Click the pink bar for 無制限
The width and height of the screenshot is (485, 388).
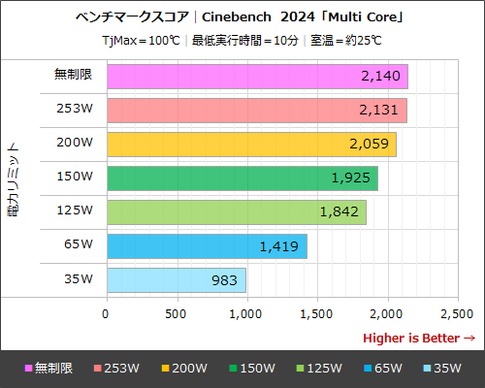257,76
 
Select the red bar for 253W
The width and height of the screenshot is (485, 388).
256,110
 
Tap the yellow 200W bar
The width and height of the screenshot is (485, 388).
251,145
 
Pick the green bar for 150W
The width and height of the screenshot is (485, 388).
242,178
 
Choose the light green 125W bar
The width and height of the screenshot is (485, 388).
236,212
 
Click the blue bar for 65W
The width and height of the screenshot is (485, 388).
207,246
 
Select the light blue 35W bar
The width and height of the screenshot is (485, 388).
176,280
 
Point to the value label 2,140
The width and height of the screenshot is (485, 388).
380,76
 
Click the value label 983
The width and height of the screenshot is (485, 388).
223,280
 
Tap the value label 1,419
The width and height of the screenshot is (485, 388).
279,246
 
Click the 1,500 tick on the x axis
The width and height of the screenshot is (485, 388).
316,313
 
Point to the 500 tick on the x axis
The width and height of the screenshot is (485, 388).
176,313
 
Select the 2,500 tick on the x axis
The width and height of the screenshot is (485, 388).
456,313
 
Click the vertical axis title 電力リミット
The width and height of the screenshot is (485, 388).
14,178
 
